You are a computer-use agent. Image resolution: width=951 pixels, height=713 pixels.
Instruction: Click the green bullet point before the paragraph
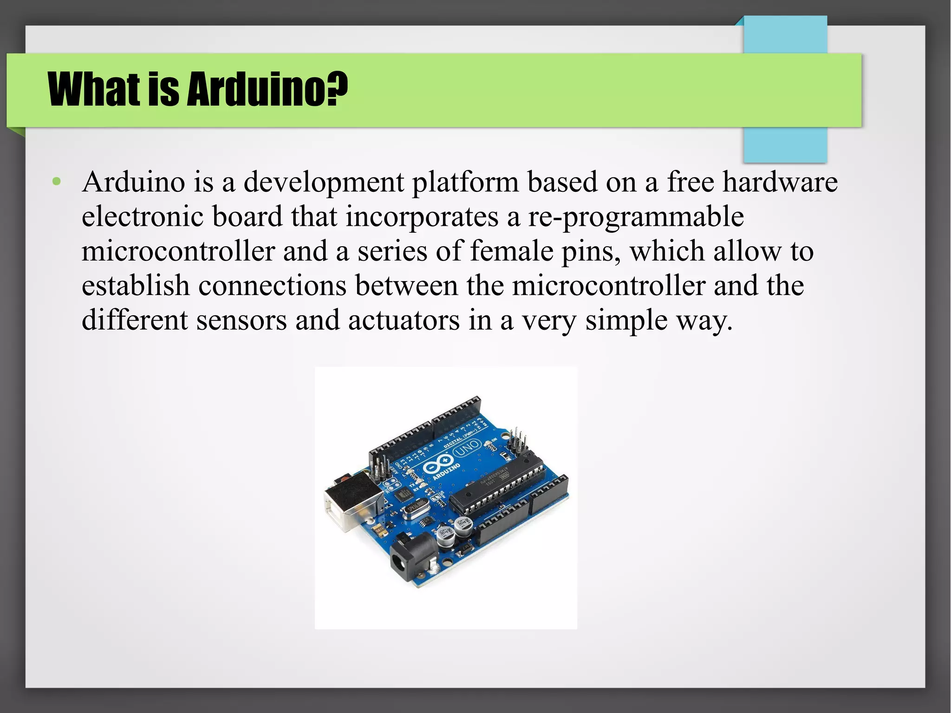point(57,182)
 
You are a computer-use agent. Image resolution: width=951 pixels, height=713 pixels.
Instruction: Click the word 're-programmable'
point(636,216)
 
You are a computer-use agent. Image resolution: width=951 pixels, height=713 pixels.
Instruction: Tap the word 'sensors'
point(241,320)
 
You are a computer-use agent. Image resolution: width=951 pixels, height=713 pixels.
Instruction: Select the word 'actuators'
point(404,320)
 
